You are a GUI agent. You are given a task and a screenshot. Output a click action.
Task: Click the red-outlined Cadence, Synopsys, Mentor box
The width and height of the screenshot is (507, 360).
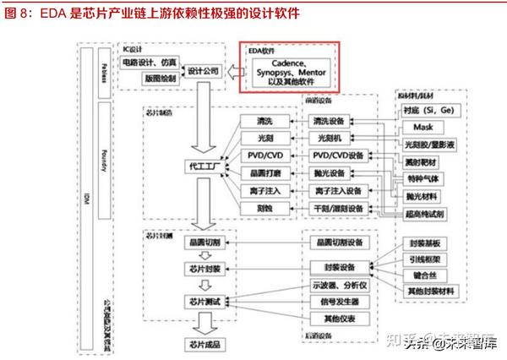pyautogui.click(x=289, y=68)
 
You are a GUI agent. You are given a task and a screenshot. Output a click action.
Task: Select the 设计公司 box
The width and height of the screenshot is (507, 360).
pyautogui.click(x=203, y=71)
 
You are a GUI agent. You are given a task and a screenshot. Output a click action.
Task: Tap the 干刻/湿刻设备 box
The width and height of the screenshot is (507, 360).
pyautogui.click(x=337, y=209)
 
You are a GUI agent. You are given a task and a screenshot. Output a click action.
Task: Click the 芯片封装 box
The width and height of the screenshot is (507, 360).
pyautogui.click(x=203, y=269)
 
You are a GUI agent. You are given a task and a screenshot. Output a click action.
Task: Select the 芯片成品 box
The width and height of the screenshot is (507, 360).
pyautogui.click(x=203, y=344)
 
